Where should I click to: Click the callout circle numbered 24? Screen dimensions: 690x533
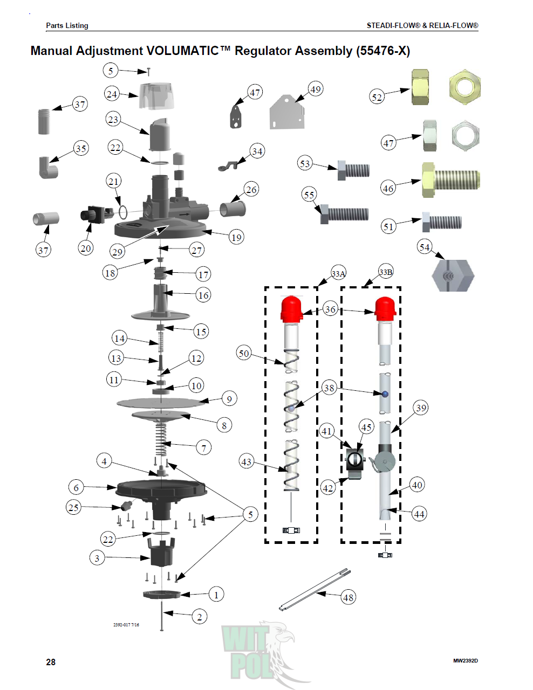click(x=112, y=94)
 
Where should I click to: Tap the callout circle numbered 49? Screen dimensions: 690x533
click(x=316, y=89)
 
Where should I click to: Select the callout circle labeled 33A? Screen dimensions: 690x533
click(x=338, y=274)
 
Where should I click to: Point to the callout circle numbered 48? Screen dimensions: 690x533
click(x=348, y=597)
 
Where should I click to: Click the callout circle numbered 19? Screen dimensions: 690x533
click(x=236, y=237)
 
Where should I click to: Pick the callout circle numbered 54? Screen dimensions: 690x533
click(x=425, y=247)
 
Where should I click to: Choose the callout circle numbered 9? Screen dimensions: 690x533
click(x=229, y=399)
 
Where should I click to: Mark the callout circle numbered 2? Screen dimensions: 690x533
click(x=200, y=617)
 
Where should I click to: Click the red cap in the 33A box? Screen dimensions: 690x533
click(x=292, y=309)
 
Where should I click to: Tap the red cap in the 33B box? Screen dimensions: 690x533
click(x=385, y=308)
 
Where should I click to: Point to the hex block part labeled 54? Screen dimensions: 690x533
click(x=452, y=275)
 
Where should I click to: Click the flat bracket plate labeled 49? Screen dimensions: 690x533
click(x=287, y=112)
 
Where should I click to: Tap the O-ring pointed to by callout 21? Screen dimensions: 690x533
click(x=122, y=211)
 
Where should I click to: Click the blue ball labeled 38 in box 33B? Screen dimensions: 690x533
click(x=385, y=394)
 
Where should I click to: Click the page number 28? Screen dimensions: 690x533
click(x=51, y=662)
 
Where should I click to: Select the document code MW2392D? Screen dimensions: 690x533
click(x=465, y=661)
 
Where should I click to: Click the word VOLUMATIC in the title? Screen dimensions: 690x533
click(x=182, y=51)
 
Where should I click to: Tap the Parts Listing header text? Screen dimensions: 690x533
click(x=67, y=25)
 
